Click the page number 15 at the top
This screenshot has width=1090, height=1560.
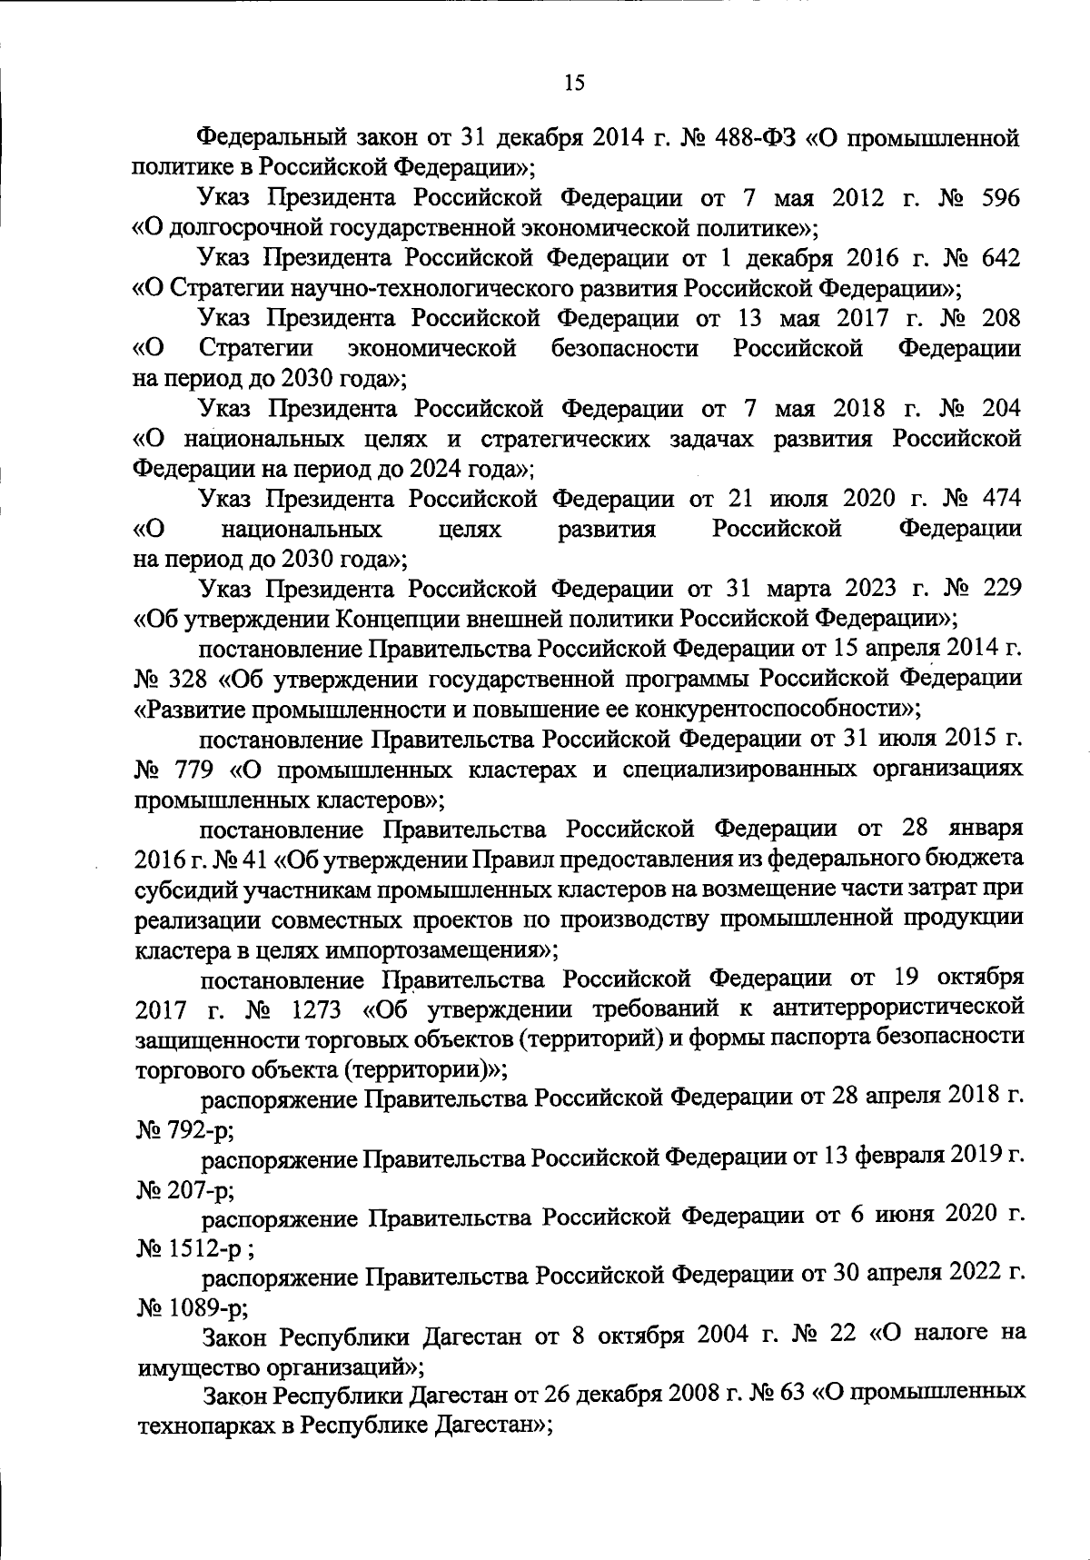click(x=574, y=83)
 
